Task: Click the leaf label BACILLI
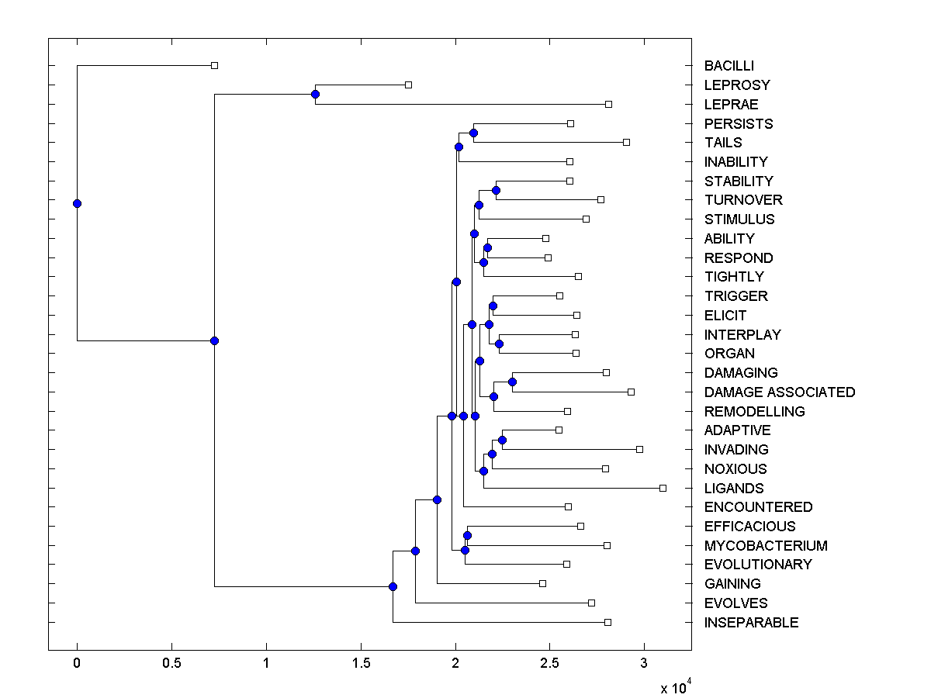pyautogui.click(x=729, y=66)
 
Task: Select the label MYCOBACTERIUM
pyautogui.click(x=766, y=546)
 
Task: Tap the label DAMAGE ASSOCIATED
pyautogui.click(x=779, y=392)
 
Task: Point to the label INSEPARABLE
pyautogui.click(x=751, y=623)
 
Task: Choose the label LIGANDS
pyautogui.click(x=734, y=489)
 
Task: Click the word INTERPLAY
pyautogui.click(x=742, y=335)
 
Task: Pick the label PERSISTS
pyautogui.click(x=739, y=124)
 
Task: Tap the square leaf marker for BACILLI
pyautogui.click(x=215, y=65)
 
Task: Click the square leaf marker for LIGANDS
pyautogui.click(x=663, y=488)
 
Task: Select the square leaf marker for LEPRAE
pyautogui.click(x=608, y=104)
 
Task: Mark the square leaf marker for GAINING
pyautogui.click(x=542, y=583)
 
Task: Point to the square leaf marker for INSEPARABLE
pyautogui.click(x=607, y=622)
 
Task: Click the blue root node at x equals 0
pyautogui.click(x=77, y=203)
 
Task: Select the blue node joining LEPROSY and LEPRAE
pyautogui.click(x=315, y=94)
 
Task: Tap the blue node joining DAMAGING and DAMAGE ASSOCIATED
pyautogui.click(x=512, y=382)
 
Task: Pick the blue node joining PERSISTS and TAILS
pyautogui.click(x=473, y=133)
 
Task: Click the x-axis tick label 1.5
pyautogui.click(x=361, y=664)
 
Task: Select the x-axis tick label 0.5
pyautogui.click(x=171, y=664)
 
